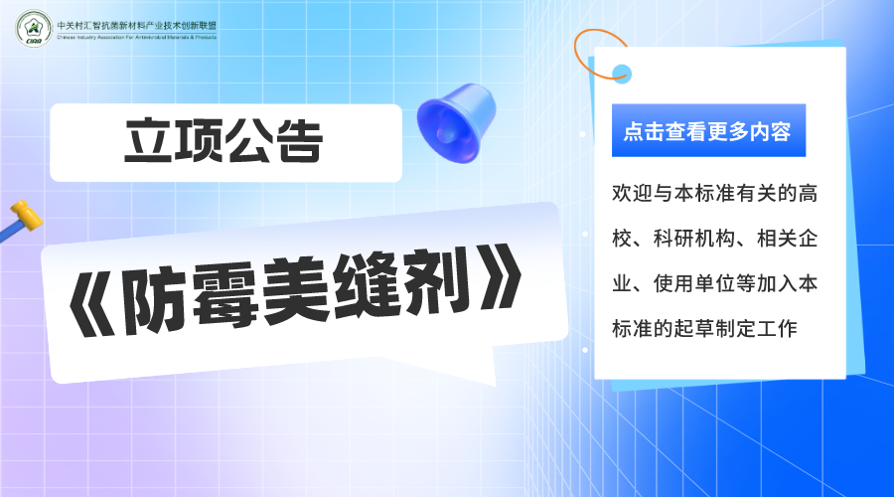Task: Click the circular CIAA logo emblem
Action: pos(34,29)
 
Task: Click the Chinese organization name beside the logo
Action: pos(137,26)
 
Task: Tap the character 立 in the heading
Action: pos(149,140)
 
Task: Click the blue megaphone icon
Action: pos(456,122)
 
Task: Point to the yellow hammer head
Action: pos(26,214)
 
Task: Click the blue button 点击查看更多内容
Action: pos(708,130)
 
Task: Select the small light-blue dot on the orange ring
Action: pos(622,74)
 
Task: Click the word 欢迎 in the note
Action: pos(633,194)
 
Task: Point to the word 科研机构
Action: pos(694,238)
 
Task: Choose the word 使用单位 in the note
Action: pos(694,283)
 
